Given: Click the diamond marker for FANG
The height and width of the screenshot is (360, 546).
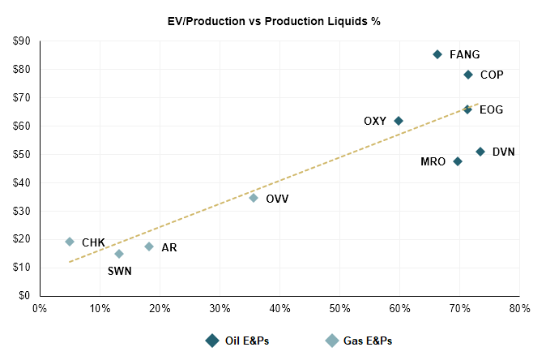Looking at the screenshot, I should tap(437, 54).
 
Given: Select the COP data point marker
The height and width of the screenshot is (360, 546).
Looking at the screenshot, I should tap(468, 75).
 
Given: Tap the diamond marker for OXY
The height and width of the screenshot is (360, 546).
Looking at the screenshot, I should tap(399, 121).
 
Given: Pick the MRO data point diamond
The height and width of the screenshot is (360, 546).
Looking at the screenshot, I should tap(458, 161).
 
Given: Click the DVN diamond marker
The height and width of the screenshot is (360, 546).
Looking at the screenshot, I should tap(480, 152).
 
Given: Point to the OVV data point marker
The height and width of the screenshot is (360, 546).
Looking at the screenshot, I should tap(254, 198).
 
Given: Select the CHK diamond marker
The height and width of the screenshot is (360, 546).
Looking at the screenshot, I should tap(70, 242).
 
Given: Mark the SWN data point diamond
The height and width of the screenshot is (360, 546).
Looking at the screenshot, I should tap(119, 254).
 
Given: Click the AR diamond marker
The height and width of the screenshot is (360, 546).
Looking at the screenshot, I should tap(149, 246).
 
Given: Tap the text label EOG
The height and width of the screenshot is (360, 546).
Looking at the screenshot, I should tap(491, 109).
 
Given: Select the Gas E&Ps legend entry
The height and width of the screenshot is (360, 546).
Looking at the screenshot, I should tap(359, 341).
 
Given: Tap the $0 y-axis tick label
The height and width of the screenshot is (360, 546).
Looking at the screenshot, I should tap(24, 296).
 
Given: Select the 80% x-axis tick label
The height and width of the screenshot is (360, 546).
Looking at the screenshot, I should tap(519, 308).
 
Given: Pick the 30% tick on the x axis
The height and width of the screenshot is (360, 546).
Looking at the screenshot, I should tap(220, 308).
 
